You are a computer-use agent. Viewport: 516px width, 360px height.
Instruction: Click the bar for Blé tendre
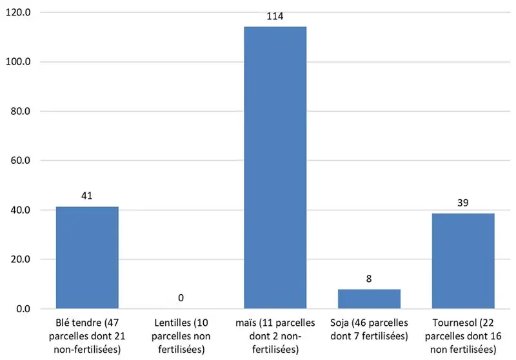pos(87,257)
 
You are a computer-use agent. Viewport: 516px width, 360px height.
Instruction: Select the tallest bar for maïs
pos(275,168)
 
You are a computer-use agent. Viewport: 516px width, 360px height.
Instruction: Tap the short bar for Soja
pos(369,299)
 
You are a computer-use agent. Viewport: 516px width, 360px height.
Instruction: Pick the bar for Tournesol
pos(463,261)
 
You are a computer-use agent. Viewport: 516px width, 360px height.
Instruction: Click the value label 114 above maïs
pos(275,16)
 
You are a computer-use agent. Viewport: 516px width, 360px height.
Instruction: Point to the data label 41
pos(87,195)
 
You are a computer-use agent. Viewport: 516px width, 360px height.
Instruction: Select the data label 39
pos(463,203)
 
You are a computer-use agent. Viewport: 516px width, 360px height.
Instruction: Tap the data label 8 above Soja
pos(369,278)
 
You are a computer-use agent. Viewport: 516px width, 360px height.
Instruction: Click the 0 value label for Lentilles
pos(181,297)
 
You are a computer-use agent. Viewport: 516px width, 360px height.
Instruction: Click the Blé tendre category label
pos(87,335)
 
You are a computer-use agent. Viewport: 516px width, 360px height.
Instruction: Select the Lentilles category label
pos(181,335)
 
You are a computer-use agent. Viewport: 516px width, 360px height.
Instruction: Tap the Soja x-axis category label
pos(369,330)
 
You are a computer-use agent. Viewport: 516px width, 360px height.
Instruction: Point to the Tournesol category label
pos(463,335)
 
